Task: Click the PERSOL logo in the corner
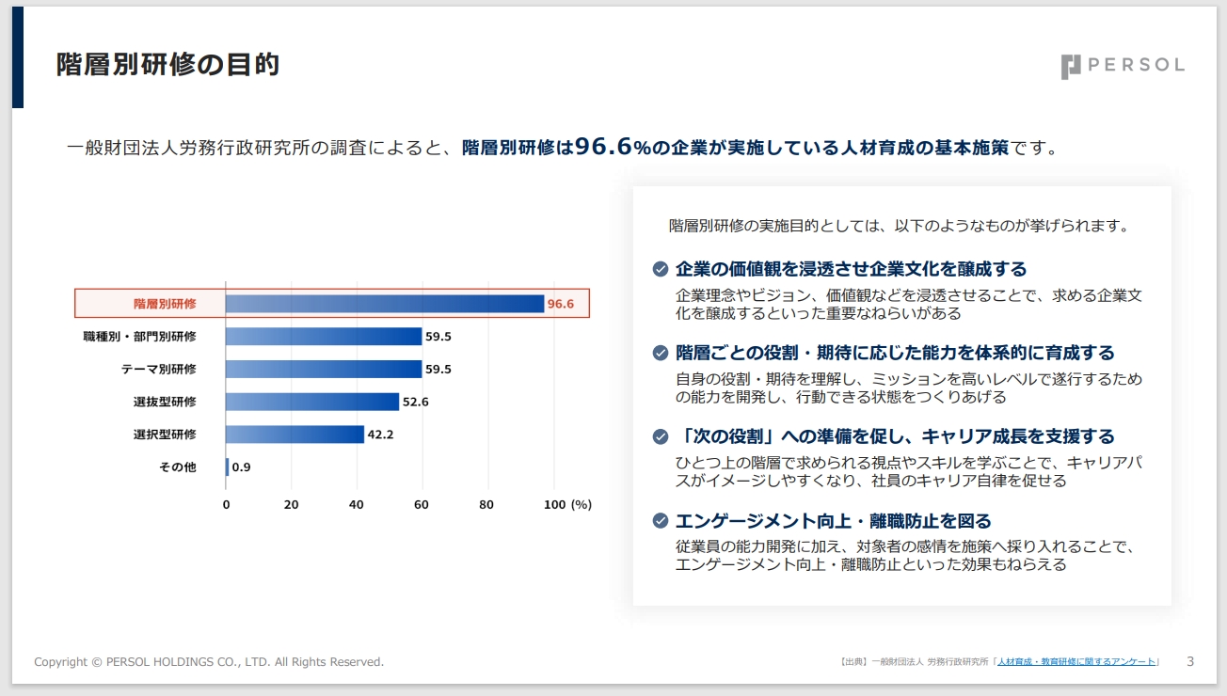[x=1122, y=66]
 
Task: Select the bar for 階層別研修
[x=384, y=304]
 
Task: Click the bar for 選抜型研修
[x=312, y=402]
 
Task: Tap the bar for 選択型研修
[x=295, y=435]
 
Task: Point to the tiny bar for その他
[x=227, y=467]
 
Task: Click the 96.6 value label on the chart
[x=561, y=304]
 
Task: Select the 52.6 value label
[x=415, y=402]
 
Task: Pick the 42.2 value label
[x=380, y=435]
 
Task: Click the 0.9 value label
[x=241, y=467]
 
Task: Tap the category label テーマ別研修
[x=159, y=369]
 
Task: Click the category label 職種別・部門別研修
[x=140, y=336]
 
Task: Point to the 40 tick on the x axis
[x=356, y=504]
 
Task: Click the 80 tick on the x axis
[x=486, y=504]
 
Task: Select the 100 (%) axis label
[x=568, y=504]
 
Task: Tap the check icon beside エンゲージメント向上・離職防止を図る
[x=661, y=521]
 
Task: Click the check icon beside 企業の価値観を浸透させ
[x=661, y=269]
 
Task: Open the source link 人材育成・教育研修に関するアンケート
[x=1076, y=662]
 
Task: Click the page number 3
[x=1190, y=661]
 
